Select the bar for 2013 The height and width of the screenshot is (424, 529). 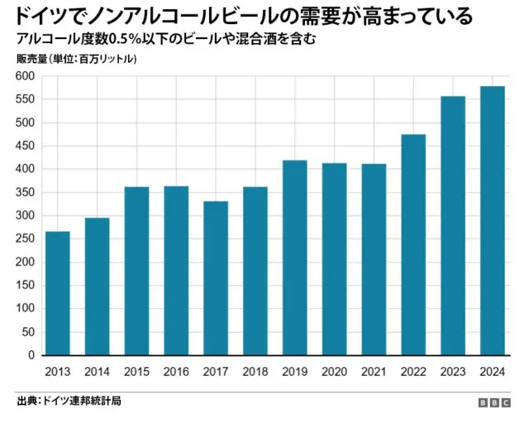pos(57,293)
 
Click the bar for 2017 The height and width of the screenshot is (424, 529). pos(216,278)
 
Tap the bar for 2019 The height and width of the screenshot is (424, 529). pos(294,258)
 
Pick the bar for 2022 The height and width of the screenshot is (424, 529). pos(413,244)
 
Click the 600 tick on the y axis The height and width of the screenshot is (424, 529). pos(24,76)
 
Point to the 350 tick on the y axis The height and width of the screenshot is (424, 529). pos(24,192)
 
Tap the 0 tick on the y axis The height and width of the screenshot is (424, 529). pos(31,355)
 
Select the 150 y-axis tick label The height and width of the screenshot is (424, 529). pos(24,285)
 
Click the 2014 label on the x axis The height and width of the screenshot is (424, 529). pos(97,372)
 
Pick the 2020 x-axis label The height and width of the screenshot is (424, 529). pos(334,372)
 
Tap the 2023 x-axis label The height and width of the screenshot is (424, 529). pos(453,372)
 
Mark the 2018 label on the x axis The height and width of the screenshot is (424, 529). pos(255,372)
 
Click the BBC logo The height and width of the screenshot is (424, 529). pos(495,402)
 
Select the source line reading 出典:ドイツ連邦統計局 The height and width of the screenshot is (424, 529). pos(69,401)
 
